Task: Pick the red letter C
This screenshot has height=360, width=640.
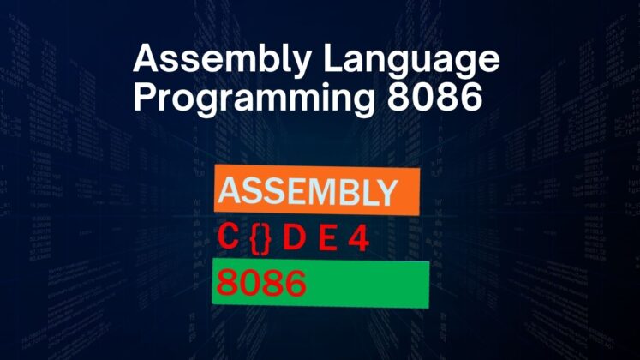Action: tap(227, 239)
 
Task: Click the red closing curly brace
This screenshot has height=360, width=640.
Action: tap(266, 239)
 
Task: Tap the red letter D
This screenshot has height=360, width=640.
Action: tap(294, 239)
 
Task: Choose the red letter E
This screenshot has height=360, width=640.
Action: tap(326, 239)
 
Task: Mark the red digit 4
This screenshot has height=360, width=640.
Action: tap(357, 239)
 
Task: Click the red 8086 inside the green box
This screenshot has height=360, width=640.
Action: tap(261, 284)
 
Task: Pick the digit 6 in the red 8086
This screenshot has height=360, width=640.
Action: tap(294, 284)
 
